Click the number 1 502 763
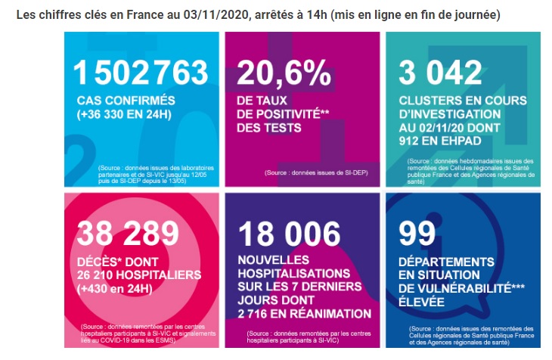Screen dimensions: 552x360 click(141, 72)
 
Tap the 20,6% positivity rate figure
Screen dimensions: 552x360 click(284, 73)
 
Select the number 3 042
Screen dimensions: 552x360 click(440, 72)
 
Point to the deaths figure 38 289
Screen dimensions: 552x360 click(128, 233)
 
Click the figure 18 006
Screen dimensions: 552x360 click(289, 234)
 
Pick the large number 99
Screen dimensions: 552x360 click(417, 233)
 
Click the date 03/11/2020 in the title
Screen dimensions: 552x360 click(215, 15)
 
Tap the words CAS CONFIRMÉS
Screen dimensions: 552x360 click(126, 101)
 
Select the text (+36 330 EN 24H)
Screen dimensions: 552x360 click(124, 114)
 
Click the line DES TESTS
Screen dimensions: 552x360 click(269, 128)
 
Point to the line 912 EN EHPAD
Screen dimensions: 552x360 click(440, 141)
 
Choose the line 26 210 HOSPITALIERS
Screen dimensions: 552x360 click(139, 275)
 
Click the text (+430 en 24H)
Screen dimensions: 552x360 click(115, 289)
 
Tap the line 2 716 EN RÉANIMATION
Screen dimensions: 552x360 click(305, 314)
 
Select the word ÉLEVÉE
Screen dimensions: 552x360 click(421, 302)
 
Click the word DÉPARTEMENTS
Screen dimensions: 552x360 click(446, 262)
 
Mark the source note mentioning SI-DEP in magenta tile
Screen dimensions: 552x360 click(316, 172)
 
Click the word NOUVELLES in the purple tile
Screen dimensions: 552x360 click(274, 260)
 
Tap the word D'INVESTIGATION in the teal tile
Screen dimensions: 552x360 click(450, 114)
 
